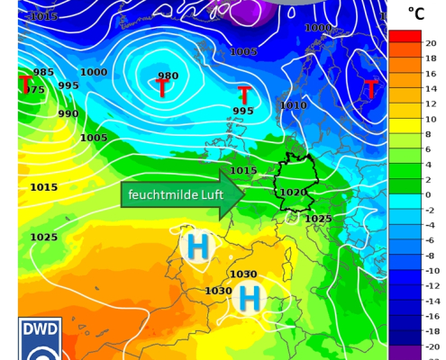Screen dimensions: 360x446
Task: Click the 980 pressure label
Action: pyautogui.click(x=168, y=76)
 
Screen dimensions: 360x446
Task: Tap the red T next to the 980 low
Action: pyautogui.click(x=161, y=89)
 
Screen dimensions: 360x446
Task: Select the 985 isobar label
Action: pyautogui.click(x=43, y=72)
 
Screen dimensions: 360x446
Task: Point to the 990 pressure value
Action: pyautogui.click(x=68, y=113)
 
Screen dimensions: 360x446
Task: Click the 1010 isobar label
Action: pyautogui.click(x=293, y=105)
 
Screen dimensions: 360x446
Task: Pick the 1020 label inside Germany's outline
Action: pyautogui.click(x=294, y=192)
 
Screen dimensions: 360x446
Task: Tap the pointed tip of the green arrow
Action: pyautogui.click(x=243, y=194)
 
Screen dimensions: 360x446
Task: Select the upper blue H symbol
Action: pyautogui.click(x=196, y=246)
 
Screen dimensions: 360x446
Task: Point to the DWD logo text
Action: pyautogui.click(x=41, y=328)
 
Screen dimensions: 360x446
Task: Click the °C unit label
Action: pyautogui.click(x=415, y=13)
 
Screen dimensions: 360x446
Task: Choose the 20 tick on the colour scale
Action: pyautogui.click(x=431, y=43)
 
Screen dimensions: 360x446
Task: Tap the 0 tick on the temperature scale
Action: pyautogui.click(x=428, y=194)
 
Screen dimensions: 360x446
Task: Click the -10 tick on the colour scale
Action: pyautogui.click(x=431, y=270)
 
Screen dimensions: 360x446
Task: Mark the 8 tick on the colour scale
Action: pyautogui.click(x=429, y=134)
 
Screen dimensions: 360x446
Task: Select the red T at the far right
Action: pyautogui.click(x=370, y=89)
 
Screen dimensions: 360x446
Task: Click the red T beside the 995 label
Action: pyautogui.click(x=243, y=94)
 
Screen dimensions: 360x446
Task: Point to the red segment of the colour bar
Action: pyautogui.click(x=405, y=36)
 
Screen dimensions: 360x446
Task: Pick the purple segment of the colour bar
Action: pyautogui.click(x=405, y=352)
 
